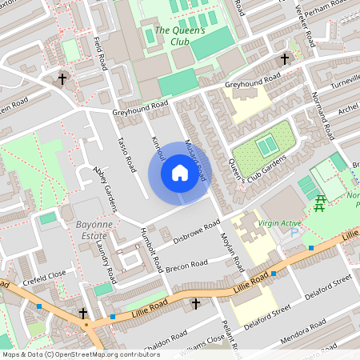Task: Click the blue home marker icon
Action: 180,173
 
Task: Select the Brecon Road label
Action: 186,263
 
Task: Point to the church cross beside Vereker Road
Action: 284,59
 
